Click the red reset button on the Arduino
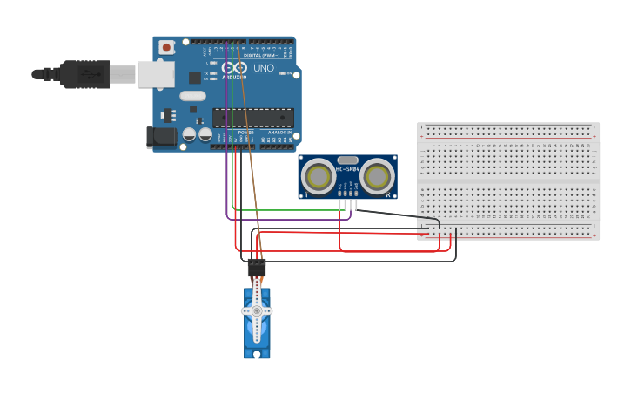click(x=165, y=47)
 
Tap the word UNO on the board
click(x=263, y=68)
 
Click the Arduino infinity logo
click(x=233, y=67)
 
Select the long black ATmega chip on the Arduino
click(x=253, y=118)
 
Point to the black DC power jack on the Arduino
click(x=160, y=136)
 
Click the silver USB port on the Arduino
click(x=156, y=74)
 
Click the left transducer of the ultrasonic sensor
click(x=319, y=177)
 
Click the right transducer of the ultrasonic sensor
click(x=377, y=177)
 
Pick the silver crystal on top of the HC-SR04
click(x=347, y=160)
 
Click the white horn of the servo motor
click(x=257, y=311)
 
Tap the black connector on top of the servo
click(x=257, y=269)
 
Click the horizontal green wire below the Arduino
click(x=287, y=210)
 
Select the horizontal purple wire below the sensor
click(x=287, y=220)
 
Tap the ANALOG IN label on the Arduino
click(x=280, y=133)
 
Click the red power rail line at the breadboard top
click(x=508, y=138)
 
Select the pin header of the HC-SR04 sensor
click(x=347, y=203)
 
